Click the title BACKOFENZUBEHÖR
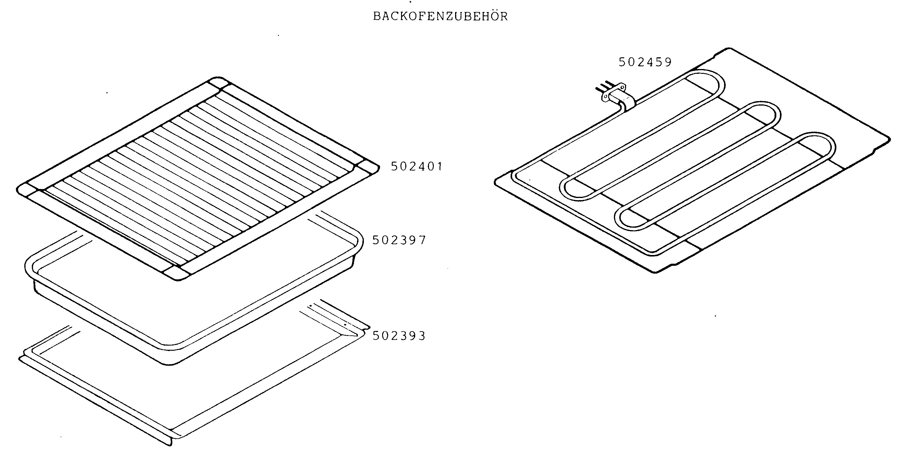[x=440, y=16]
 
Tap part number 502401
[x=417, y=166]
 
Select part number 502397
[x=399, y=240]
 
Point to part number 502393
[x=399, y=336]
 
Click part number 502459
[x=645, y=62]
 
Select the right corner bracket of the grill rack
[x=367, y=168]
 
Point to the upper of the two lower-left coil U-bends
[x=571, y=189]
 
